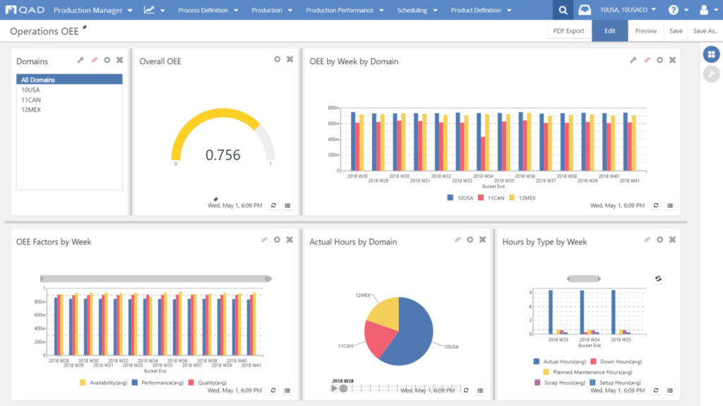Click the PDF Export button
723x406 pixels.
tap(568, 31)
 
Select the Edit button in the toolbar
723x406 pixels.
tap(609, 31)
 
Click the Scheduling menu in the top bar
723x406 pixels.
tap(412, 11)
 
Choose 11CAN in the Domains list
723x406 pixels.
tap(30, 100)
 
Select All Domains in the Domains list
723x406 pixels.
tap(38, 80)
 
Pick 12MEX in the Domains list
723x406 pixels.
tap(31, 110)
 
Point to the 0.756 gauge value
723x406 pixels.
tap(223, 155)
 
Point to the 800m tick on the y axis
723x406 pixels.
tap(333, 108)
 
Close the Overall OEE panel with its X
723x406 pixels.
tap(289, 59)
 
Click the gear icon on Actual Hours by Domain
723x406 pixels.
tap(470, 240)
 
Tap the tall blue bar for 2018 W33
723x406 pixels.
tap(551, 312)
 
